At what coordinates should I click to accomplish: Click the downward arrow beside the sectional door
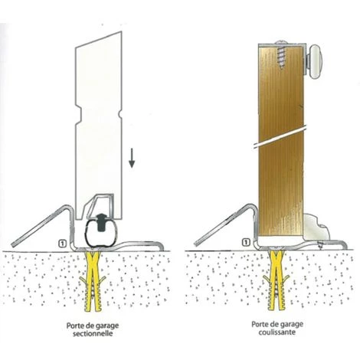coord(132,159)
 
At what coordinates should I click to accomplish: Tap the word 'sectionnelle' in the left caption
coord(93,334)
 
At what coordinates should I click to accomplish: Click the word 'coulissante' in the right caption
coord(277,332)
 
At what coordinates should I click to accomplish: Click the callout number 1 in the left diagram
coord(62,244)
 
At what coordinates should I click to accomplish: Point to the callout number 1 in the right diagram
coord(246,242)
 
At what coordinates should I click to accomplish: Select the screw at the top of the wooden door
coord(281,55)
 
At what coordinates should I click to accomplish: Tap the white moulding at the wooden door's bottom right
coord(316,227)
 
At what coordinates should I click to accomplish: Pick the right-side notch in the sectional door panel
coord(119,113)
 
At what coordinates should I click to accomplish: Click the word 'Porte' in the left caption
coord(74,326)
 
